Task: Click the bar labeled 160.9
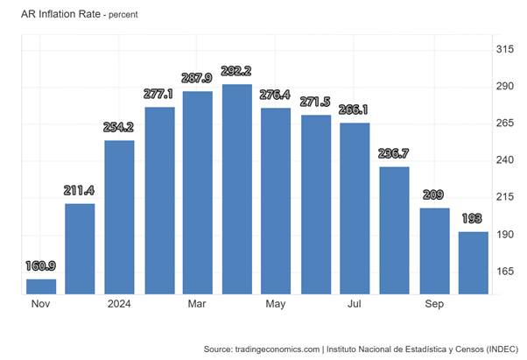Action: [x=41, y=286]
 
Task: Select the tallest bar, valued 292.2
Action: [x=237, y=188]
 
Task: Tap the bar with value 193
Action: [x=473, y=262]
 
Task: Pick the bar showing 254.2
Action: [x=119, y=216]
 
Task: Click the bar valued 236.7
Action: [x=394, y=229]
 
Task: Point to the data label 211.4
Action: [x=81, y=190]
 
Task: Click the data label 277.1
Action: [x=158, y=94]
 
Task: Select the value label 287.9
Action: [x=198, y=78]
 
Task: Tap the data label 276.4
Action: [x=276, y=95]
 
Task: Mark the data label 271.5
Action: [x=316, y=102]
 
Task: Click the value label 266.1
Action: [x=355, y=109]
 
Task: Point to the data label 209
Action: [x=433, y=194]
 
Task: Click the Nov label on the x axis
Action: [x=41, y=304]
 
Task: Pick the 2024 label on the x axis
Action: [x=119, y=304]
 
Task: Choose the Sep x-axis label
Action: [x=433, y=304]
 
